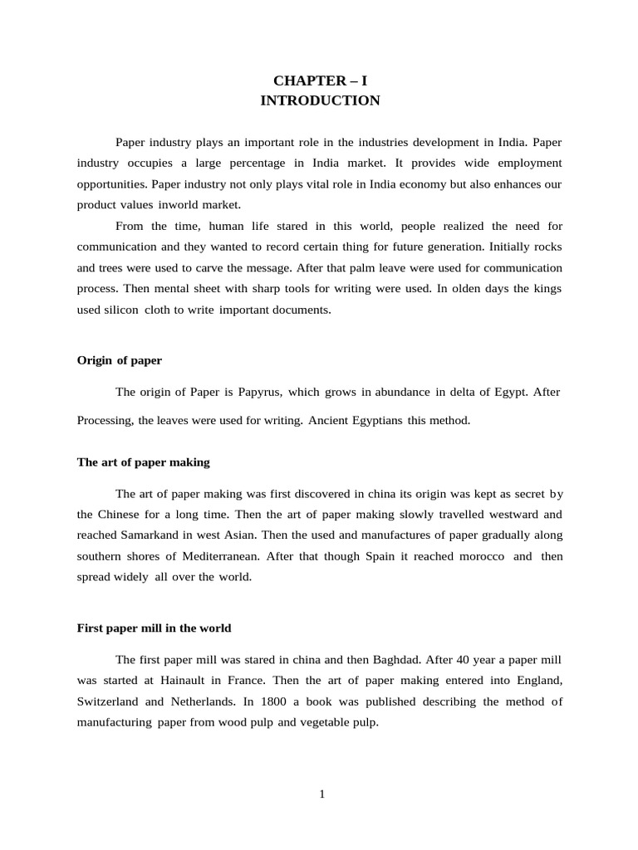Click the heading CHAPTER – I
(x=320, y=81)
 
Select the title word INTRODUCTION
(x=320, y=100)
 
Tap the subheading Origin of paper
(x=119, y=360)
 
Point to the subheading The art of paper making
(x=143, y=462)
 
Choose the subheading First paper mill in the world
(x=154, y=628)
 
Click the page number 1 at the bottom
(x=322, y=794)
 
